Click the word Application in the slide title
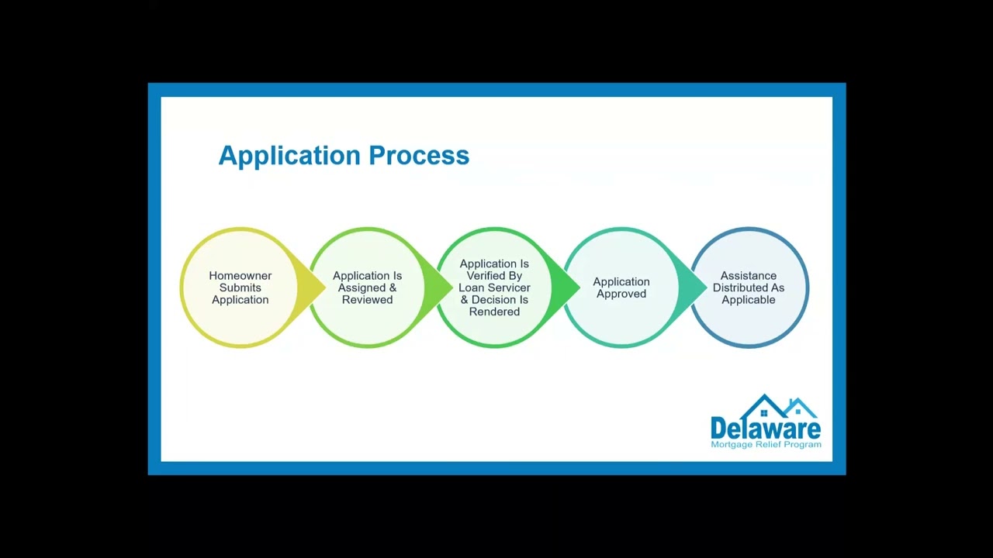click(290, 156)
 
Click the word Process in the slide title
click(419, 155)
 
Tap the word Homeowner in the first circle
click(240, 276)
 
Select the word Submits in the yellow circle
click(240, 288)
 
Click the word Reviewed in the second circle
click(368, 300)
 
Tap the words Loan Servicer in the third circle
click(494, 288)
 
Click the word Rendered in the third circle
click(494, 312)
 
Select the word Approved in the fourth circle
click(621, 294)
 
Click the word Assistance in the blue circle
click(749, 276)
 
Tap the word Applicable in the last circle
click(749, 300)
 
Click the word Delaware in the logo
click(766, 429)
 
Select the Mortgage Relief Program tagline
click(766, 445)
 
